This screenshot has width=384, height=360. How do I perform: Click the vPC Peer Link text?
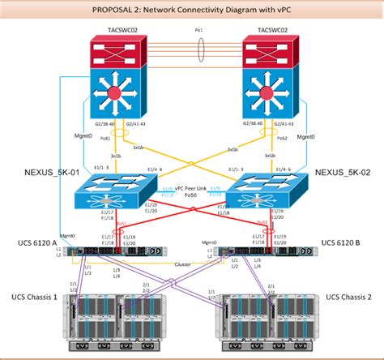pos(191,187)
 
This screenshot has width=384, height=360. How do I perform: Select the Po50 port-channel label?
pos(192,195)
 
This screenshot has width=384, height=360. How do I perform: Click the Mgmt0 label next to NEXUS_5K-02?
pos(306,138)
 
